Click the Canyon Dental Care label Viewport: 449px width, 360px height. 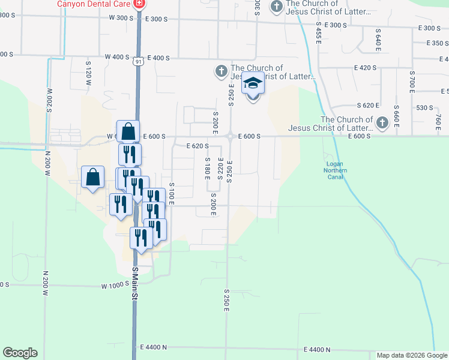pos(95,4)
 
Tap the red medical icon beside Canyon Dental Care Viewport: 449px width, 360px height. pos(139,4)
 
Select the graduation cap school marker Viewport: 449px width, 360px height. pos(253,85)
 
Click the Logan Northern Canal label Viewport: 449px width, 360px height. pos(335,170)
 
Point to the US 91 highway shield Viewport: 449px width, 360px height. pos(139,61)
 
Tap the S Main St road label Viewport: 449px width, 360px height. pos(135,285)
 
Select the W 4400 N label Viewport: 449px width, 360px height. pos(152,347)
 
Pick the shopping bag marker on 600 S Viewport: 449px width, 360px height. pos(128,131)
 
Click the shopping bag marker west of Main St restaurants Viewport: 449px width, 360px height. pos(92,177)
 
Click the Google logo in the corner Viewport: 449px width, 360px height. pos(20,353)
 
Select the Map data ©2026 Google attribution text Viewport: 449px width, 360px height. pos(412,356)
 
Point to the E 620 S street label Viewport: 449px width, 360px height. pos(197,146)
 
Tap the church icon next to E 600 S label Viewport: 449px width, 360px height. pos(381,124)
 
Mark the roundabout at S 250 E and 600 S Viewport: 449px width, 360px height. pos(230,136)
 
